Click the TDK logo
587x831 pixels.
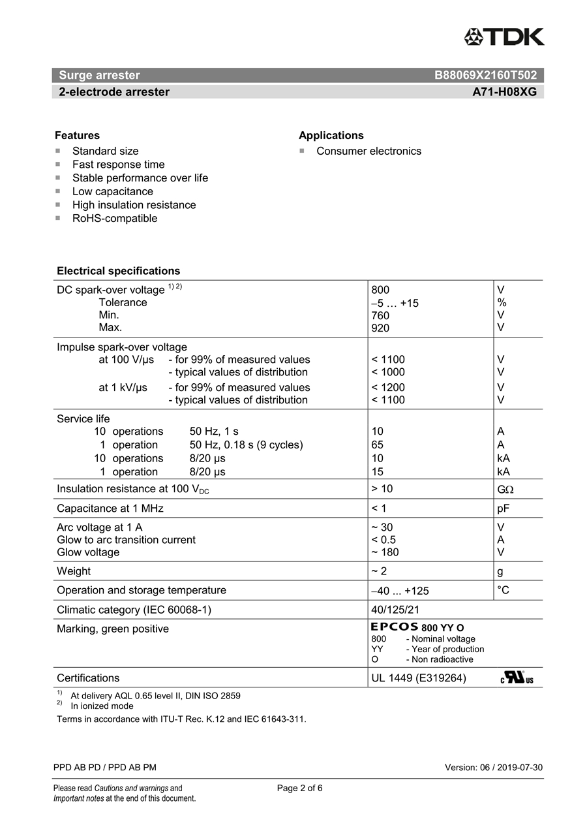pyautogui.click(x=504, y=37)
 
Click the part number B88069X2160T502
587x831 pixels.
pyautogui.click(x=485, y=75)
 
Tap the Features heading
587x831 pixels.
pyautogui.click(x=77, y=136)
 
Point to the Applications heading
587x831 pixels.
pyautogui.click(x=331, y=136)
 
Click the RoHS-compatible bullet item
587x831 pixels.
pyautogui.click(x=114, y=219)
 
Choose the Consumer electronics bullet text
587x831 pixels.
pyautogui.click(x=369, y=151)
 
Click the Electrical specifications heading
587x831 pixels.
pyautogui.click(x=118, y=271)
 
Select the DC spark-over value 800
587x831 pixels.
pyautogui.click(x=380, y=290)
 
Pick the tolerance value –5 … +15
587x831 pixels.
pyautogui.click(x=395, y=303)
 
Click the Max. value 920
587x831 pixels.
pyautogui.click(x=380, y=328)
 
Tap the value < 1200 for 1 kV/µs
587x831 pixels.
pyautogui.click(x=388, y=388)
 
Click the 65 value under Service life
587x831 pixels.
pyautogui.click(x=377, y=445)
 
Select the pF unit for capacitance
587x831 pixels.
pyautogui.click(x=504, y=509)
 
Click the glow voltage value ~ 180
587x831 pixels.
pyautogui.click(x=385, y=552)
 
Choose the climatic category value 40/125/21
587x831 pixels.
pyautogui.click(x=395, y=610)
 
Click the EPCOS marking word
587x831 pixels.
pyautogui.click(x=395, y=627)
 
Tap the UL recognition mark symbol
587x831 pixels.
pyautogui.click(x=517, y=678)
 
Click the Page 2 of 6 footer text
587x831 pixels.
pyautogui.click(x=299, y=788)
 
